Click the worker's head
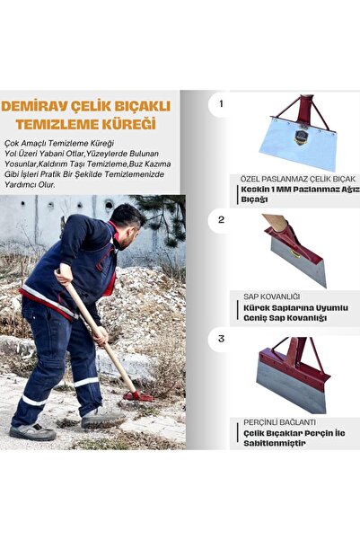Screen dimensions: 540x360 pyautogui.click(x=127, y=219)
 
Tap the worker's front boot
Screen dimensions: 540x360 pyautogui.click(x=101, y=418)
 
